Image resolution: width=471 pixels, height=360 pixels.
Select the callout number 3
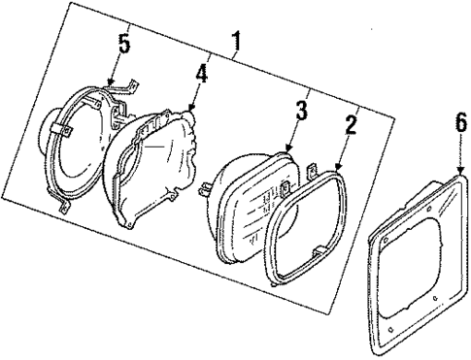tap(303, 112)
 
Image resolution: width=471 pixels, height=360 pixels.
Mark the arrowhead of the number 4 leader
tap(190, 110)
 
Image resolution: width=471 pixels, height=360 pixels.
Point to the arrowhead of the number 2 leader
tap(336, 170)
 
